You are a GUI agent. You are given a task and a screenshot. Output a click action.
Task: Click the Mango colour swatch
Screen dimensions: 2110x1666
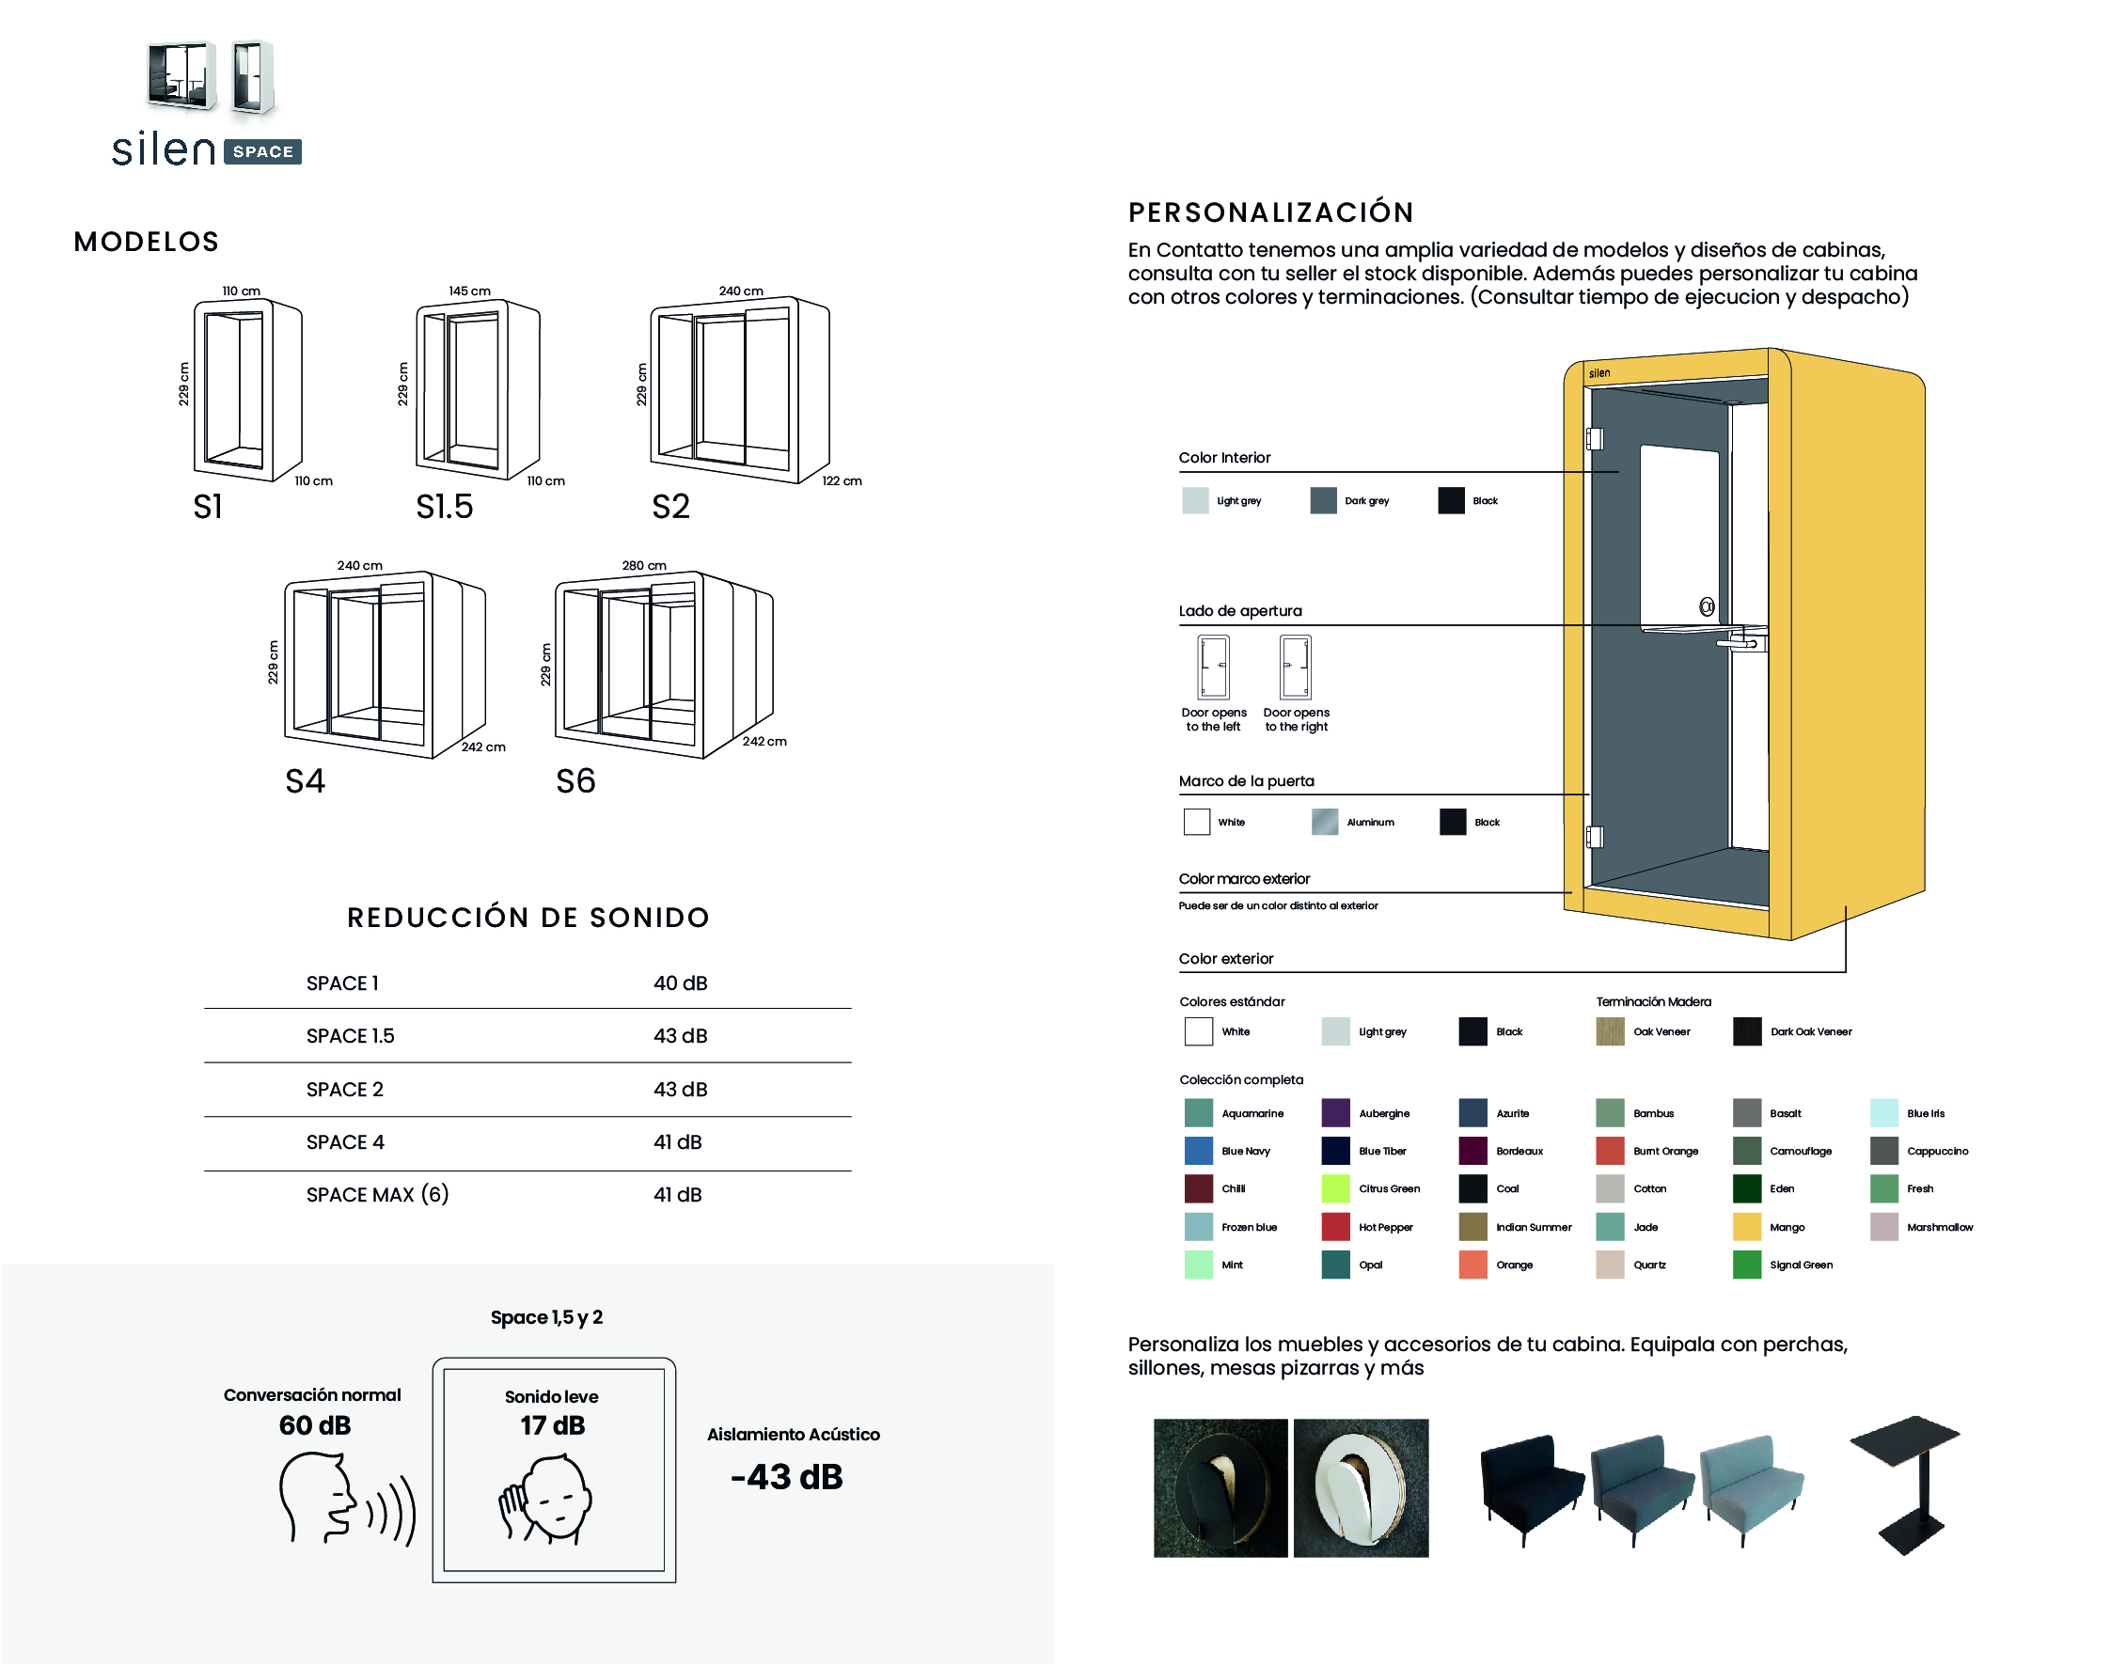1746,1226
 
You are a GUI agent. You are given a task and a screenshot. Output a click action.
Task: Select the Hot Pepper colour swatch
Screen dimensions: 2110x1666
1335,1226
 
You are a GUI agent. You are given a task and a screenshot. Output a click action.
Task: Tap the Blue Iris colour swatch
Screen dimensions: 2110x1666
1883,1112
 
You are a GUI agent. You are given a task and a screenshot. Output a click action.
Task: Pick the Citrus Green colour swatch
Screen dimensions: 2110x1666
1335,1188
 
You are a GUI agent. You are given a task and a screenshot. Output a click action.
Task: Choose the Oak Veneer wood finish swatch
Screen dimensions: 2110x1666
1610,1031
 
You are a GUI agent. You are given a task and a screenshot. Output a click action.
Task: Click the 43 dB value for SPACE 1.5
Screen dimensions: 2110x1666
680,1036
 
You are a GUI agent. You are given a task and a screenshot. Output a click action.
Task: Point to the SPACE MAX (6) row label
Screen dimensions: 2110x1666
377,1195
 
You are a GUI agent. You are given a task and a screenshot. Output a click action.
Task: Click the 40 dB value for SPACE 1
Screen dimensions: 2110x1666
680,983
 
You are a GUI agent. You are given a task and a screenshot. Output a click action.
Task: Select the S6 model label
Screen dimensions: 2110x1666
575,780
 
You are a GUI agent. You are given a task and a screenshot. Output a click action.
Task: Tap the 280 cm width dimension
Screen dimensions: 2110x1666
644,566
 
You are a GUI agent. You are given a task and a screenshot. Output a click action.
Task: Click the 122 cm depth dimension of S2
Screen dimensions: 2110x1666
842,480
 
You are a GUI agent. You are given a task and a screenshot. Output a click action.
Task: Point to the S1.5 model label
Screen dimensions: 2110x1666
444,506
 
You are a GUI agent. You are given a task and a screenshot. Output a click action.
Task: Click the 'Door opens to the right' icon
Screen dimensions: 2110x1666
1296,668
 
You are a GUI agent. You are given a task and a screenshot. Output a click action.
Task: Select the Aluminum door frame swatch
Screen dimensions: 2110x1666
1325,823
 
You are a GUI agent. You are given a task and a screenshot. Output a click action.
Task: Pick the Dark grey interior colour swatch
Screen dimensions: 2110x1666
1323,500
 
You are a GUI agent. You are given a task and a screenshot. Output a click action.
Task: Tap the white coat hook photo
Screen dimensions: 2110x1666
1361,1487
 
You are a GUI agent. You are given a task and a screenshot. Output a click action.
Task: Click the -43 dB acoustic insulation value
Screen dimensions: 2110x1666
786,1477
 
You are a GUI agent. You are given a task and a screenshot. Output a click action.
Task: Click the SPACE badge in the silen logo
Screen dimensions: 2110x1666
262,152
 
